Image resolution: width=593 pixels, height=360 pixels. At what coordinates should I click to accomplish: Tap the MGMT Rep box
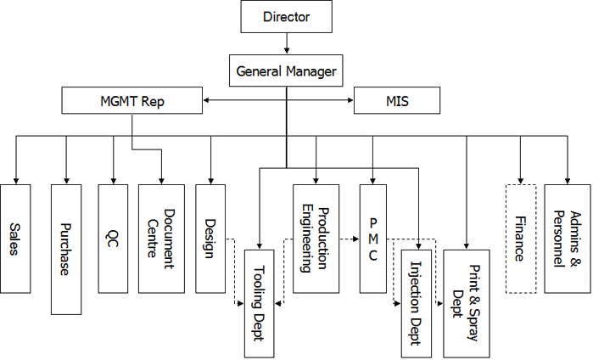(131, 102)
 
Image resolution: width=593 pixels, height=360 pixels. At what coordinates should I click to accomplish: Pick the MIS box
(397, 102)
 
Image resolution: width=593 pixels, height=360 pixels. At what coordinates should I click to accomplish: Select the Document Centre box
(161, 238)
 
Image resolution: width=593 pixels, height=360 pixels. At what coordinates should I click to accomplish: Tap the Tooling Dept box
(260, 302)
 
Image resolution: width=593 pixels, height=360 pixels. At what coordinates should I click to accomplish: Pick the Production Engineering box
(316, 238)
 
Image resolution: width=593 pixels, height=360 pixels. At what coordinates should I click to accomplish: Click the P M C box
(373, 238)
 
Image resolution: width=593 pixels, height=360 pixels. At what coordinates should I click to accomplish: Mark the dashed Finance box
(520, 238)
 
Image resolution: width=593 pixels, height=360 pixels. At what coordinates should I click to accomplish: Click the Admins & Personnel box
(567, 238)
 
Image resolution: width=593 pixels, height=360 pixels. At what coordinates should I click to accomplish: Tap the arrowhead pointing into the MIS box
(350, 102)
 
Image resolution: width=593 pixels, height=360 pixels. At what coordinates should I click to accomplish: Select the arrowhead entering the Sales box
(15, 178)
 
